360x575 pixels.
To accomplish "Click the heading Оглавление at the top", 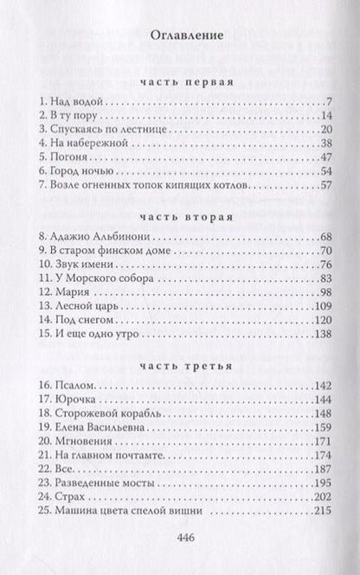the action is tap(179, 37).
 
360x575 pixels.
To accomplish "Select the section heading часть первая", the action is tap(179, 84).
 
